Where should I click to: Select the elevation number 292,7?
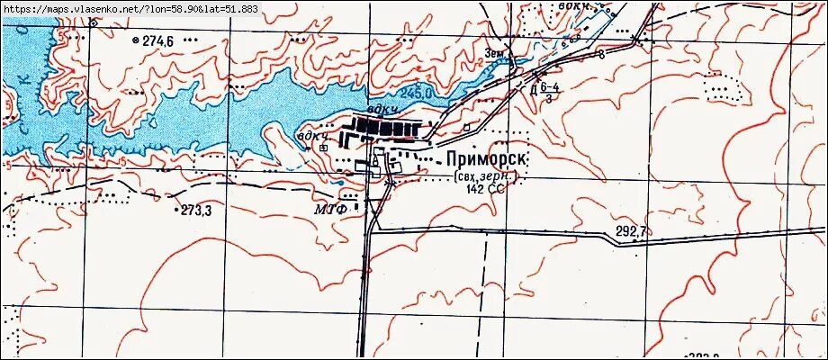click(x=631, y=231)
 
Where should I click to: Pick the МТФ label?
click(x=329, y=209)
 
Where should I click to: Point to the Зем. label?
click(x=494, y=53)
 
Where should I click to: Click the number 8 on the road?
click(x=600, y=55)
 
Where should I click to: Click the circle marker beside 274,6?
click(x=135, y=40)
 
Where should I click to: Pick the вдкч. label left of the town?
click(x=311, y=137)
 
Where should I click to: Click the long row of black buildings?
click(x=388, y=124)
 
